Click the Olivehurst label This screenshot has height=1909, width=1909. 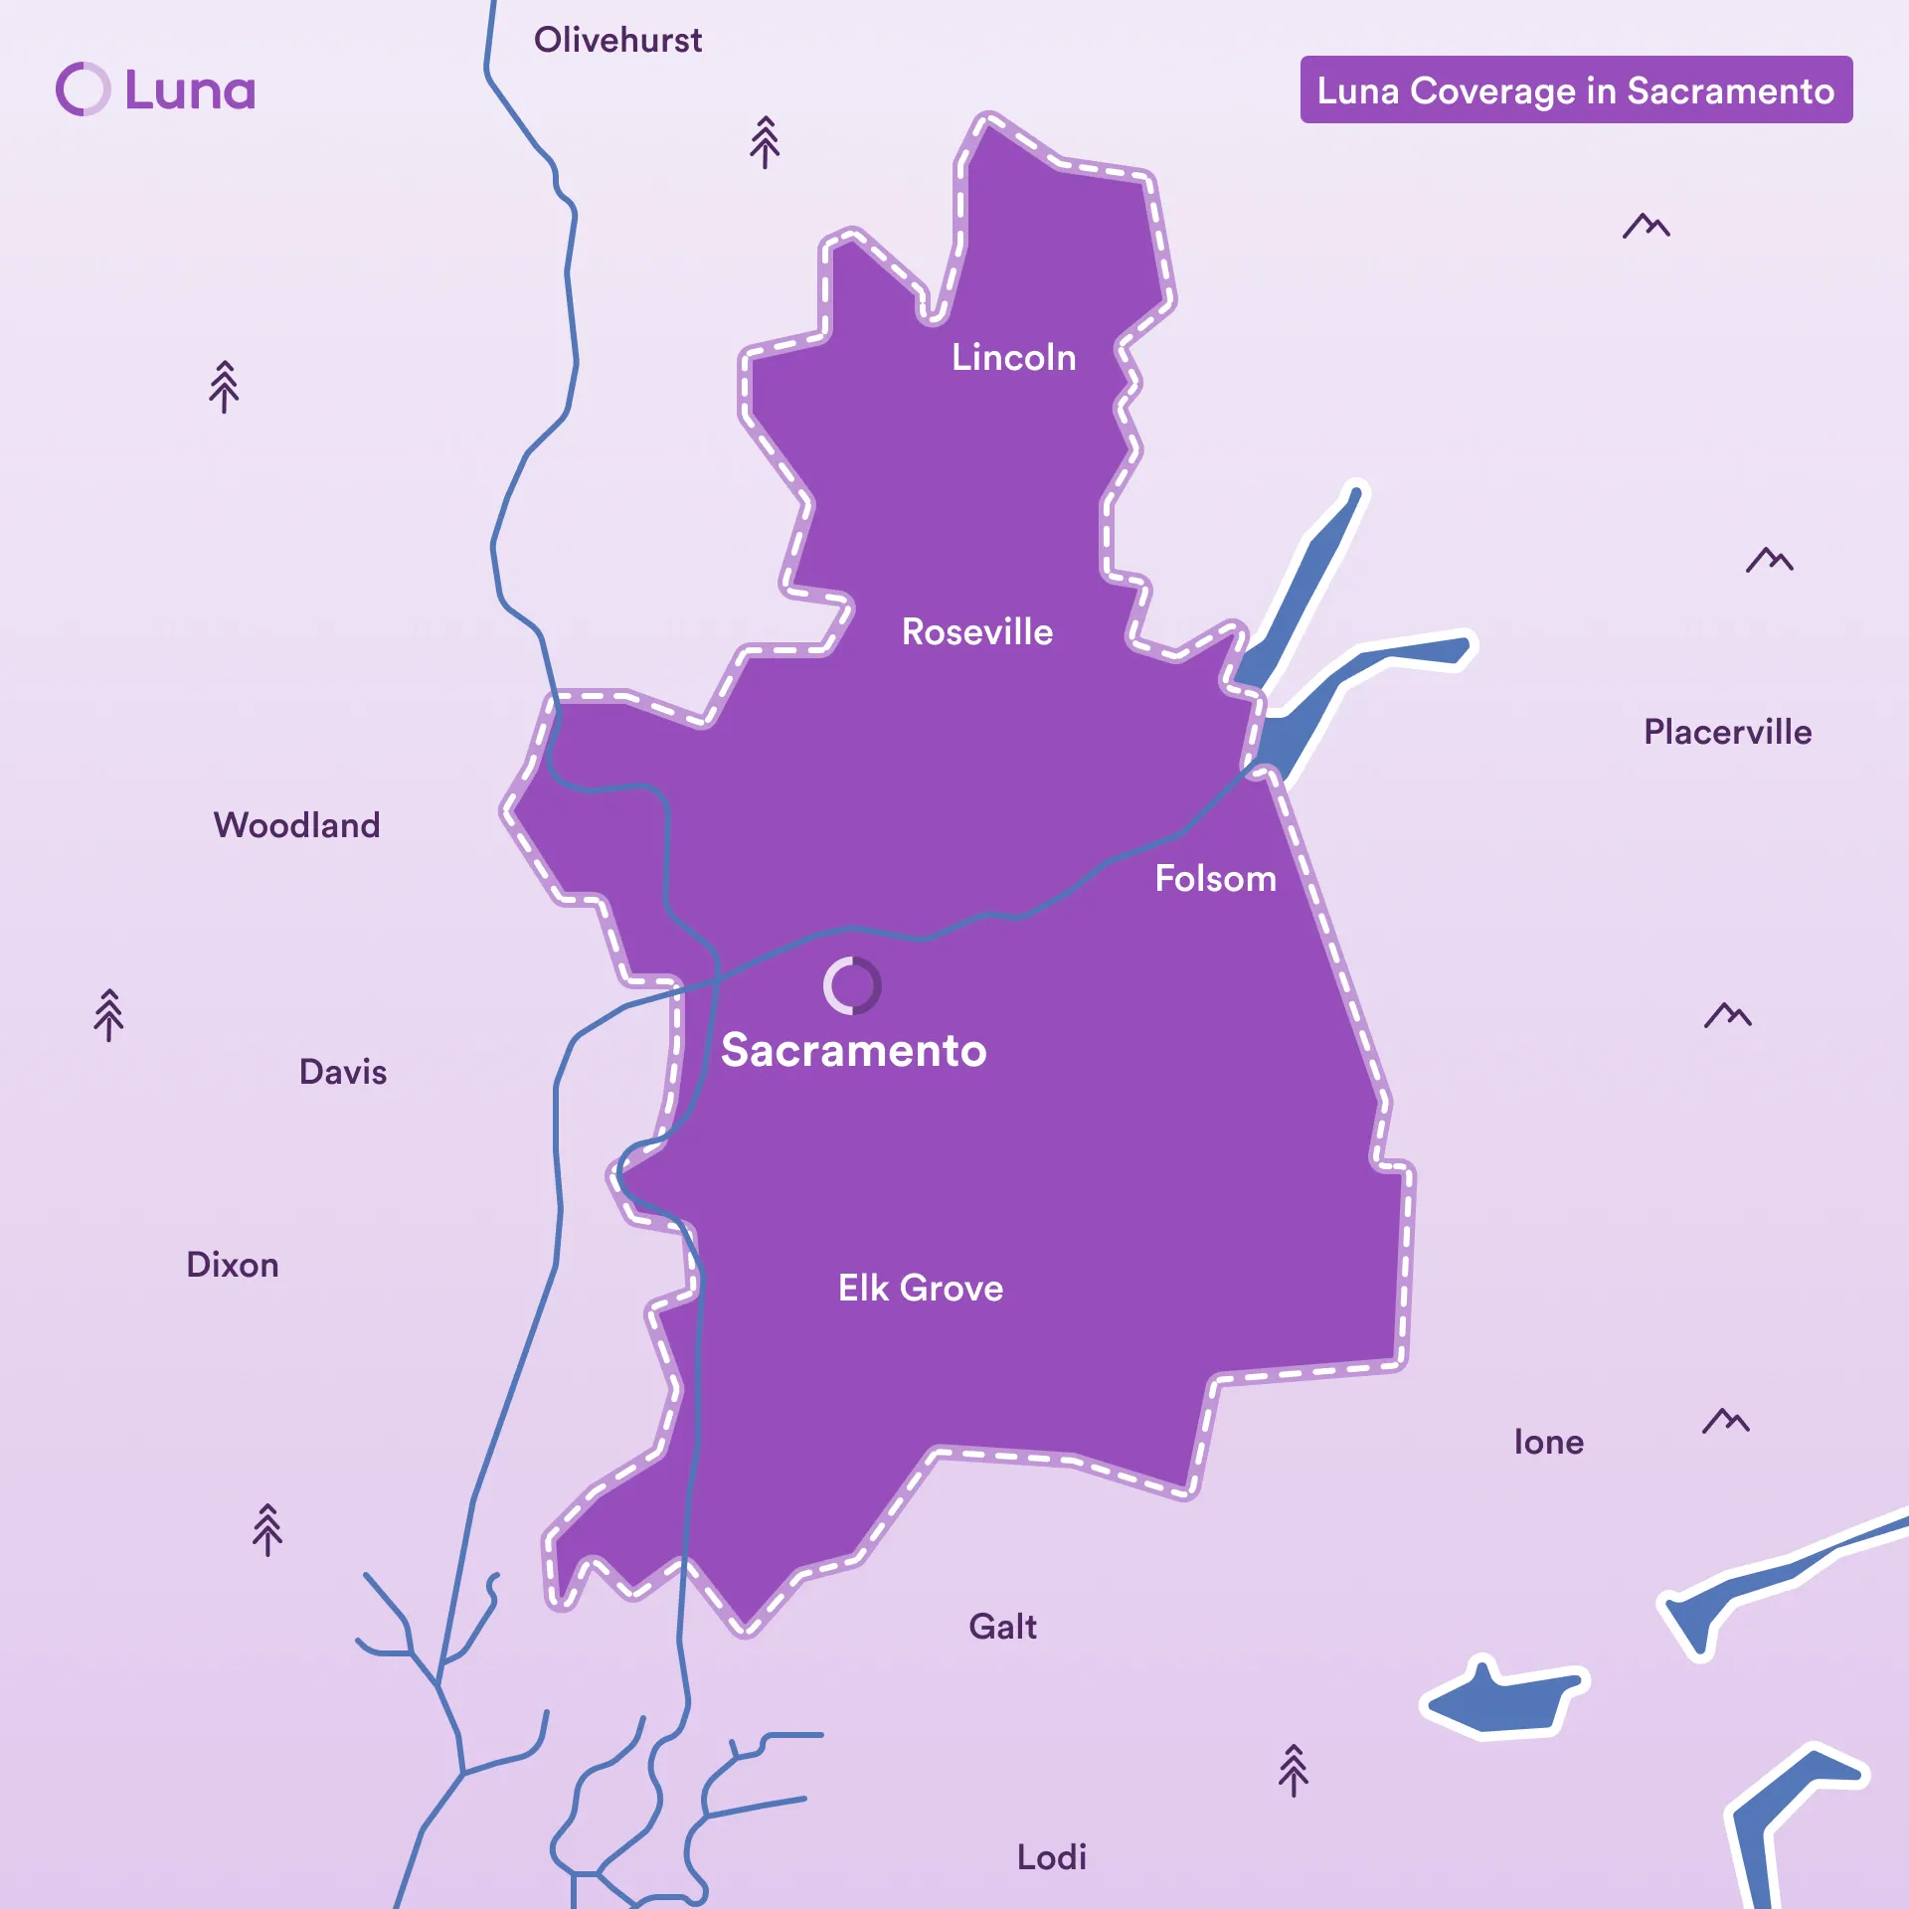point(617,41)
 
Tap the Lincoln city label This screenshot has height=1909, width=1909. point(1013,358)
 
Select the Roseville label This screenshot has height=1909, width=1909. point(976,632)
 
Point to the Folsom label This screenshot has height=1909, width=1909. point(1215,879)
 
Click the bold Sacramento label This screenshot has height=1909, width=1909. point(853,1051)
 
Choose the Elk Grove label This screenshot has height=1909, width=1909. point(920,1289)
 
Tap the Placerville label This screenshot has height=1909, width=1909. point(1727,733)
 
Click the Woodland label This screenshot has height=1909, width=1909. point(296,825)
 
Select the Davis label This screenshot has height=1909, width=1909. point(343,1072)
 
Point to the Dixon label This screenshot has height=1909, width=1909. point(233,1265)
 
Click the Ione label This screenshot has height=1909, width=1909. point(1548,1442)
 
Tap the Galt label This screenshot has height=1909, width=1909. point(1002,1627)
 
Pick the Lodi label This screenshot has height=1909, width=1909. point(1051,1857)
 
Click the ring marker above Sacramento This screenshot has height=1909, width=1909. point(852,985)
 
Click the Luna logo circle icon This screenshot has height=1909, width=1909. point(83,89)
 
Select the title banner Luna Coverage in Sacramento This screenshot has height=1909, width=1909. point(1576,90)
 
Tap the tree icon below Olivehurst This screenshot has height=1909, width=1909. point(765,142)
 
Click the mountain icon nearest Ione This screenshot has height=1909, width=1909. point(1725,1421)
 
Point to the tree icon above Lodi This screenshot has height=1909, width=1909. point(1293,1771)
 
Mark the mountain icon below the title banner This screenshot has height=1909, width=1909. point(1646,227)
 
